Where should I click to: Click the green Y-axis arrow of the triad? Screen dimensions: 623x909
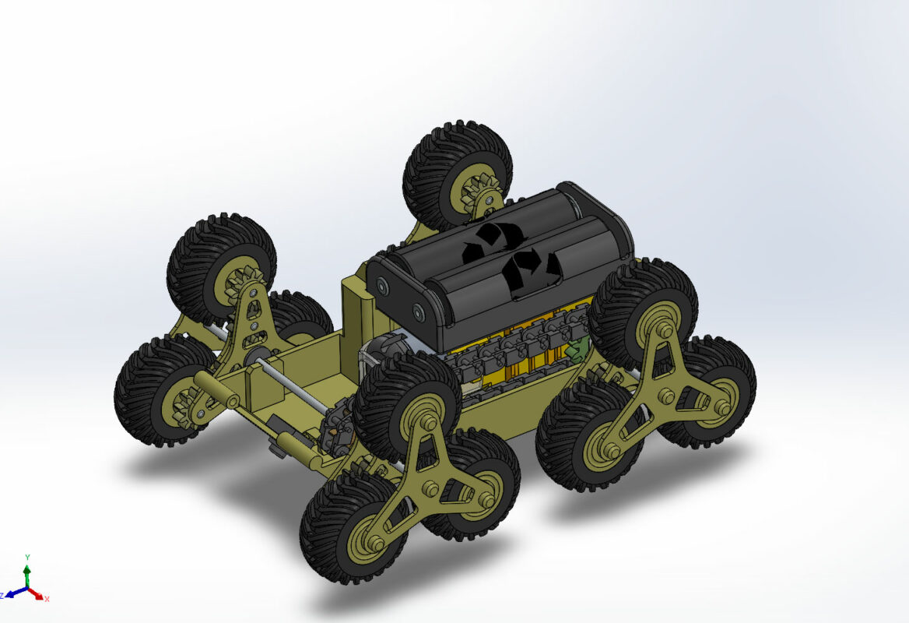coord(27,575)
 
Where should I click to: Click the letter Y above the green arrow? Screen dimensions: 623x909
coord(27,558)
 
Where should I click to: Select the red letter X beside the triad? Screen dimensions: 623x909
coord(47,598)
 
